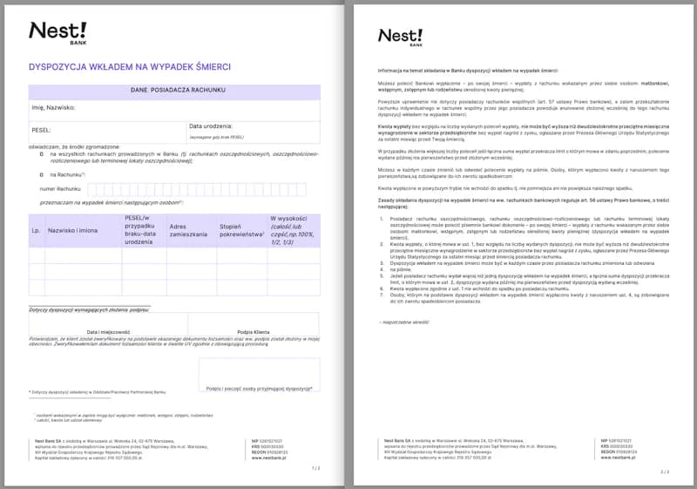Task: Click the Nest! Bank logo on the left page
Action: (x=57, y=32)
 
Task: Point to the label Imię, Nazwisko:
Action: (x=53, y=108)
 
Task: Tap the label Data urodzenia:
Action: (x=212, y=126)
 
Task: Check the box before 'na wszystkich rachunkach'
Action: (x=41, y=153)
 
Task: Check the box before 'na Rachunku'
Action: (x=41, y=173)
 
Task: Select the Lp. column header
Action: (x=36, y=231)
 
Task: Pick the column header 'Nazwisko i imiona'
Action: (x=72, y=231)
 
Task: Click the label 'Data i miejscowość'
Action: (x=108, y=332)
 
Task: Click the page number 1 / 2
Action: (x=315, y=468)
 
